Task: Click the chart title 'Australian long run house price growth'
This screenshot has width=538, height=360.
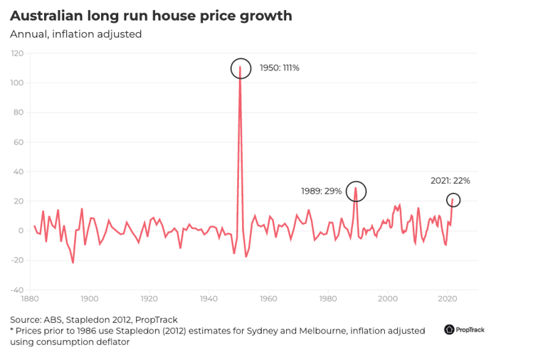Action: pos(151,16)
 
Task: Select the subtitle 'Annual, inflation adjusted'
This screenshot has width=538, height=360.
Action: pos(75,34)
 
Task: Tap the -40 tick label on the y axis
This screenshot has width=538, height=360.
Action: pos(16,290)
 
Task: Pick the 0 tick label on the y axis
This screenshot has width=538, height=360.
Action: pos(21,231)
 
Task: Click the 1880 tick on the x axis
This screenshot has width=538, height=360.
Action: pos(30,300)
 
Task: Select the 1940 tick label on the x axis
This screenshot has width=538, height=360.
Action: pos(209,300)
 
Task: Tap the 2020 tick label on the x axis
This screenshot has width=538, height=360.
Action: pos(448,300)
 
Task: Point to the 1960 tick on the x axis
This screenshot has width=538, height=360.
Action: pos(268,300)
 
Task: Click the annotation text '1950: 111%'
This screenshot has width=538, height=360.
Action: pos(280,68)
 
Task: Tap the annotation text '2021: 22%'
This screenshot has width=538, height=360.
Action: pos(450,181)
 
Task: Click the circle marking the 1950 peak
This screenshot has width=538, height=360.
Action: pos(241,68)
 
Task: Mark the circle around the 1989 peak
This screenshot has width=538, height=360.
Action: pos(356,191)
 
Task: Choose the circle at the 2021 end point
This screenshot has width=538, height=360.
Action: pos(452,201)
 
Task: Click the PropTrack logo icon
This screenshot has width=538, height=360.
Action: pos(450,329)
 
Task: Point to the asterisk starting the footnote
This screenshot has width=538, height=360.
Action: pos(12,330)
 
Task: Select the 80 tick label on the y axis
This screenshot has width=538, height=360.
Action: pos(19,112)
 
